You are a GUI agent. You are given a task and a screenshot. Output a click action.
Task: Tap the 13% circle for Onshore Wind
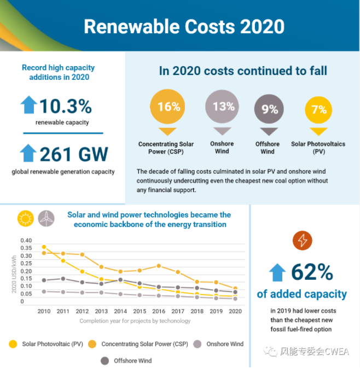223,106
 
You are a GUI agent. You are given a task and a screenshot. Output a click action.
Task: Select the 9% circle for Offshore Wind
269,109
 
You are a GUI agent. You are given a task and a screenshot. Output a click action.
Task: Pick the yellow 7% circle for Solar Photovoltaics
318,109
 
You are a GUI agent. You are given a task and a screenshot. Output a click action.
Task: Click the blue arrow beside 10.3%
28,104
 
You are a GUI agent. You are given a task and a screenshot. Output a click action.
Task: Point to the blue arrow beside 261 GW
28,153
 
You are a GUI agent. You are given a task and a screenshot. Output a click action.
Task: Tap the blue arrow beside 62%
277,272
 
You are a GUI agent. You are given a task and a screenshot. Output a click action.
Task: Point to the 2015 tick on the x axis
140,312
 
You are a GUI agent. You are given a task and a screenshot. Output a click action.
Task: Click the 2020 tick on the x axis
235,312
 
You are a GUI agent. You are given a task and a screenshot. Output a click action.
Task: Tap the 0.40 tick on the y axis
26,241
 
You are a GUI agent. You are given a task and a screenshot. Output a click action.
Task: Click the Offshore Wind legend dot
104,360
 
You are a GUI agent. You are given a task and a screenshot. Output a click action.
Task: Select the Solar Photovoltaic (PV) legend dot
13,344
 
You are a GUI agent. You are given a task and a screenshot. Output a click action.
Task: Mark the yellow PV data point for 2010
44,247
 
